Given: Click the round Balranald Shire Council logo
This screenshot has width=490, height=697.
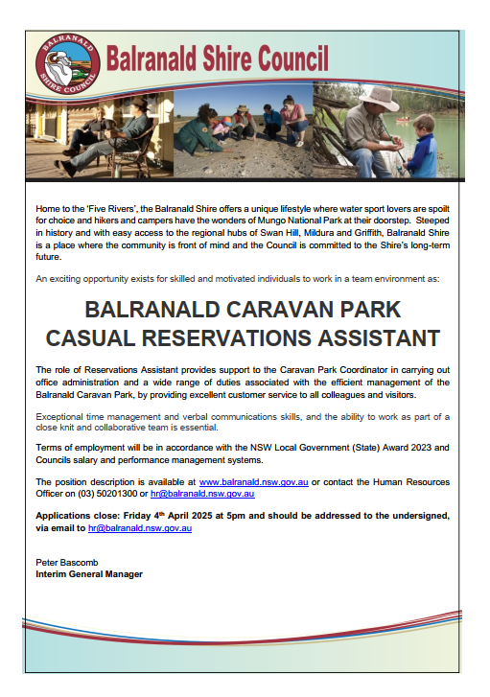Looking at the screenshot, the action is (x=68, y=64).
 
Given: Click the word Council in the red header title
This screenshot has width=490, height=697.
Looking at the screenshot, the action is (x=293, y=58).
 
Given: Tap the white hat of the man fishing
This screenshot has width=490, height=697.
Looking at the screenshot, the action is (x=379, y=98).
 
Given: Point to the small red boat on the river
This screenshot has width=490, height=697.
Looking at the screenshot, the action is (x=404, y=119).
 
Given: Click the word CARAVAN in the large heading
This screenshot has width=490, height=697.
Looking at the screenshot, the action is (x=280, y=310).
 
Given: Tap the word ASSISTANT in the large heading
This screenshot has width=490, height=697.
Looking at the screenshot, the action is (x=379, y=338).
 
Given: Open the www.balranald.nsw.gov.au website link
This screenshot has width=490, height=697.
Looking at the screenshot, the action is (x=253, y=482).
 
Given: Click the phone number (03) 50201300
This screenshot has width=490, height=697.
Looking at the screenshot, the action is (x=107, y=494).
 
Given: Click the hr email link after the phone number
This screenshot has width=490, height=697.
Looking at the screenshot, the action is (x=202, y=494).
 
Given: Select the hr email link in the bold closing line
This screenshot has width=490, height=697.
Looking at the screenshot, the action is (x=140, y=528).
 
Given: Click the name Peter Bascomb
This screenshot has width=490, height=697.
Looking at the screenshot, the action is (x=67, y=563).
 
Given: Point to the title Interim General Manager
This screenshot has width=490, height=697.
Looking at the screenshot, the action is (x=89, y=574).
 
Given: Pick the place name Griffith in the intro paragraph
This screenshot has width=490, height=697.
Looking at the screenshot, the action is (x=368, y=233).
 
